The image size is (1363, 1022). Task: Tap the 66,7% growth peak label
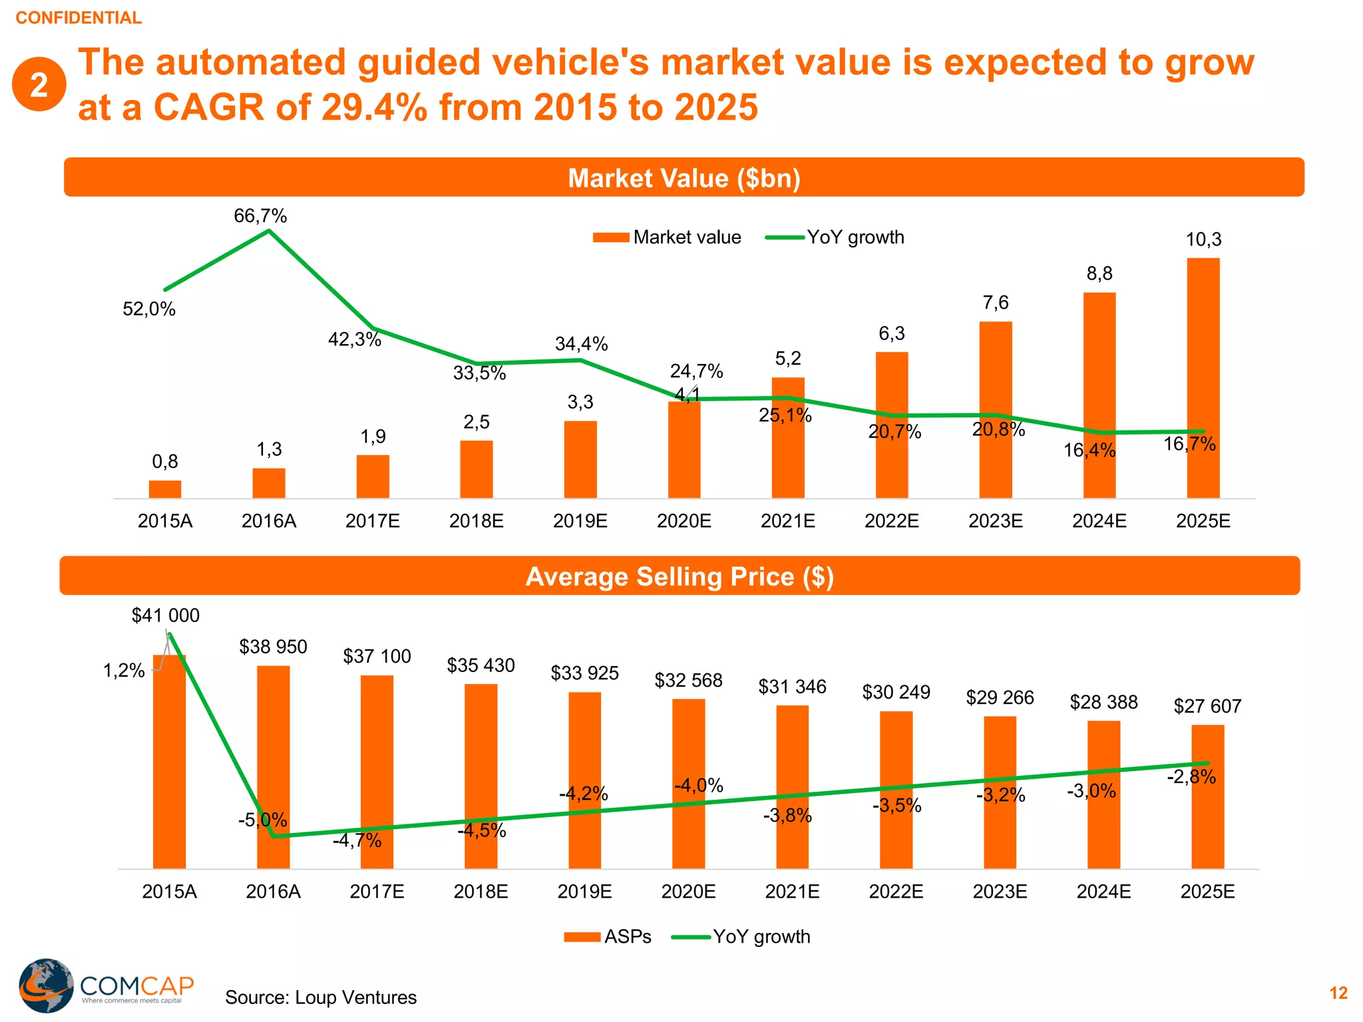pyautogui.click(x=260, y=216)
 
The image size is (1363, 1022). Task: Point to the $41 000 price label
pyautogui.click(x=166, y=615)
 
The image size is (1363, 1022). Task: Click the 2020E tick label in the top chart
pyautogui.click(x=684, y=521)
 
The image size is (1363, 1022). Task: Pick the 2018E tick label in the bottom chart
pyautogui.click(x=481, y=892)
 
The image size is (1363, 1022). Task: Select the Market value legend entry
pyautogui.click(x=667, y=238)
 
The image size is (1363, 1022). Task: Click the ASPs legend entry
pyautogui.click(x=607, y=937)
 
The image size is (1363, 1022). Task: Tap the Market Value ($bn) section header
pyautogui.click(x=683, y=178)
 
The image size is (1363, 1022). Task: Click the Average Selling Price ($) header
pyautogui.click(x=680, y=576)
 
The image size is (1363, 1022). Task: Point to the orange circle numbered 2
pyautogui.click(x=39, y=85)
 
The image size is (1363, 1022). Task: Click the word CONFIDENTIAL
pyautogui.click(x=79, y=18)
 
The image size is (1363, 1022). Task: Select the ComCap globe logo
pyautogui.click(x=46, y=985)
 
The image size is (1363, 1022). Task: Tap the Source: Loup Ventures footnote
pyautogui.click(x=321, y=997)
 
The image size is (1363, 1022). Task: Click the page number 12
pyautogui.click(x=1338, y=993)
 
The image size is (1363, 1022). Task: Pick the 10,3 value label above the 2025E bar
pyautogui.click(x=1203, y=240)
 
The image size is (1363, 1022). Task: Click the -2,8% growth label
pyautogui.click(x=1191, y=776)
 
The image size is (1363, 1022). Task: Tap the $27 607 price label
pyautogui.click(x=1207, y=706)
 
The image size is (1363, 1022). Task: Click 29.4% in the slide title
pyautogui.click(x=374, y=107)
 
